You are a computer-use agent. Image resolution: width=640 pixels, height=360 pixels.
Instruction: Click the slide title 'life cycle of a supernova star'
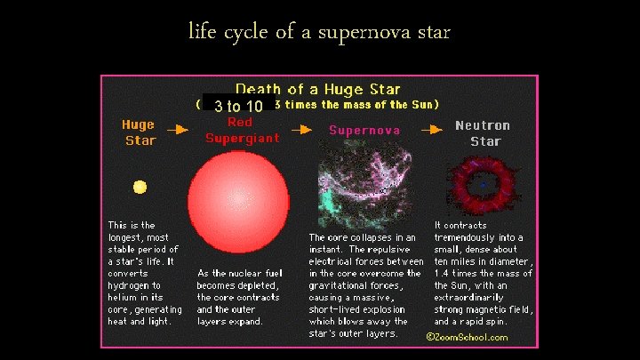tap(319, 33)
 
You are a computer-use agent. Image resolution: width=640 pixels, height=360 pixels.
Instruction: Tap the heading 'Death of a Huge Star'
tap(317, 90)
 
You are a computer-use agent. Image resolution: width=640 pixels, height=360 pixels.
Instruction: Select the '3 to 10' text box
tap(237, 107)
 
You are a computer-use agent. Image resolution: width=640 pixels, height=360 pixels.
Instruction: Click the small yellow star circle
tap(140, 187)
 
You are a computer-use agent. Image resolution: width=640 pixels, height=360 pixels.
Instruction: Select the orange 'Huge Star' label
tap(140, 132)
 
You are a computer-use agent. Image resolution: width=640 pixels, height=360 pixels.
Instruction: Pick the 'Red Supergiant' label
tap(242, 130)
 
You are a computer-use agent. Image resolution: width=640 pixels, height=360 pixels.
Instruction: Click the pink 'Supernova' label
tap(364, 130)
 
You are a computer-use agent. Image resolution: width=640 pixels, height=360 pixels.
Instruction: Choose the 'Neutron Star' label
tap(483, 133)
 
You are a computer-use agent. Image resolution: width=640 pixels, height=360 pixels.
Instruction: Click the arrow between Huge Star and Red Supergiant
tap(178, 129)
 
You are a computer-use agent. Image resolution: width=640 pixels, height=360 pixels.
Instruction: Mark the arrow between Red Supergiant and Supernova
tap(302, 129)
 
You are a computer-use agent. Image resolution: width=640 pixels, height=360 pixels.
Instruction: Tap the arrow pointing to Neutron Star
tap(431, 129)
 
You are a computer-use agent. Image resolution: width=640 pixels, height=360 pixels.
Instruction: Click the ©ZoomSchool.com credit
tap(467, 337)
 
